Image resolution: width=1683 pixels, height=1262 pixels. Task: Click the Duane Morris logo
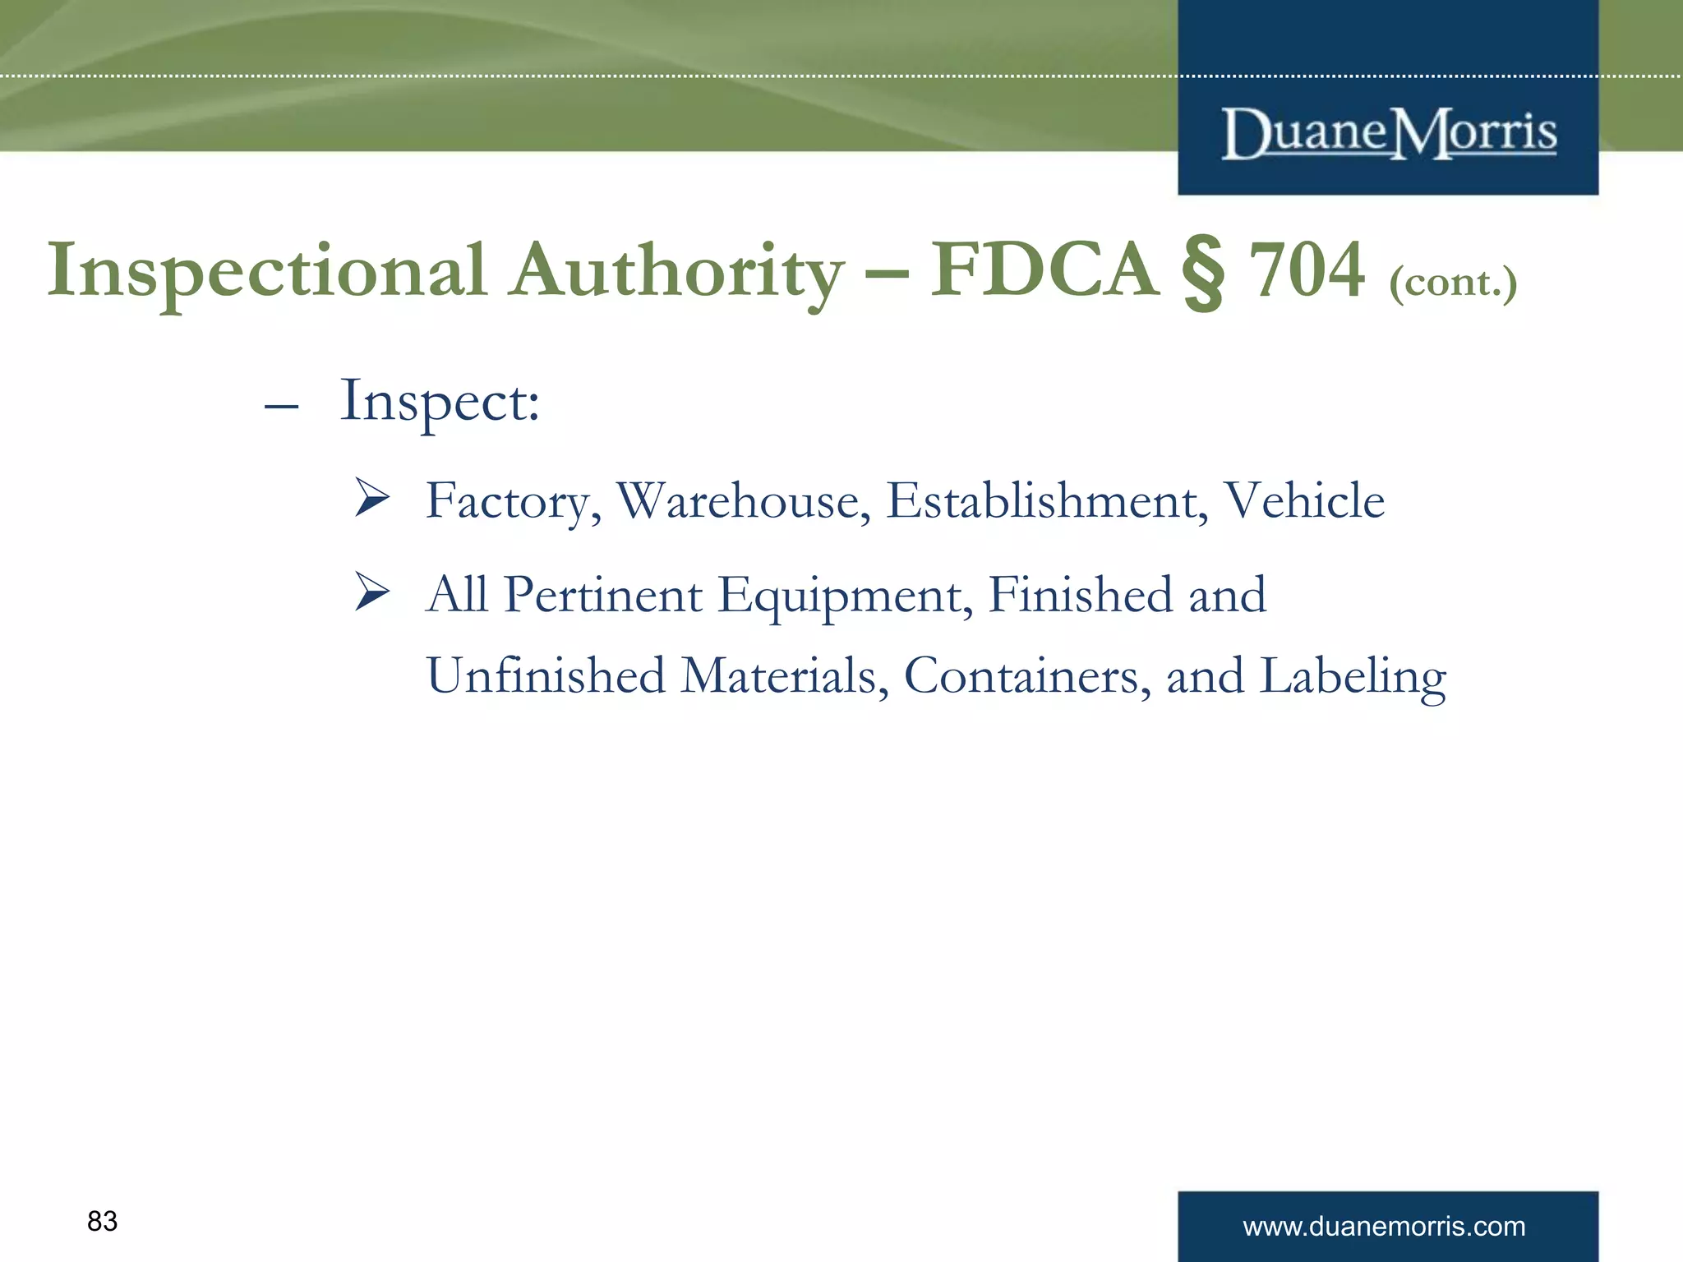[x=1389, y=133]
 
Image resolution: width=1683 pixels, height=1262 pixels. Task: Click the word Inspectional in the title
[x=266, y=271]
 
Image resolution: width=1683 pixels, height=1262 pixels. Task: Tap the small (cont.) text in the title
[x=1453, y=283]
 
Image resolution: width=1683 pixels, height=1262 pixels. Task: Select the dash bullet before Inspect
[x=281, y=407]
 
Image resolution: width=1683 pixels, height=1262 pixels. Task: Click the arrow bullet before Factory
[x=372, y=498]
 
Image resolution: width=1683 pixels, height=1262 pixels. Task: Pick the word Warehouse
[x=743, y=501]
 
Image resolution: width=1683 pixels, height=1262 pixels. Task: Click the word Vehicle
[x=1304, y=501]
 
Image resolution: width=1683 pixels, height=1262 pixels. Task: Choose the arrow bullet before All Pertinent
[x=372, y=592]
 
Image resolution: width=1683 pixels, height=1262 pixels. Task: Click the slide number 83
[x=103, y=1222]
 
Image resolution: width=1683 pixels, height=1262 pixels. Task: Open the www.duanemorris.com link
[x=1384, y=1227]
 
